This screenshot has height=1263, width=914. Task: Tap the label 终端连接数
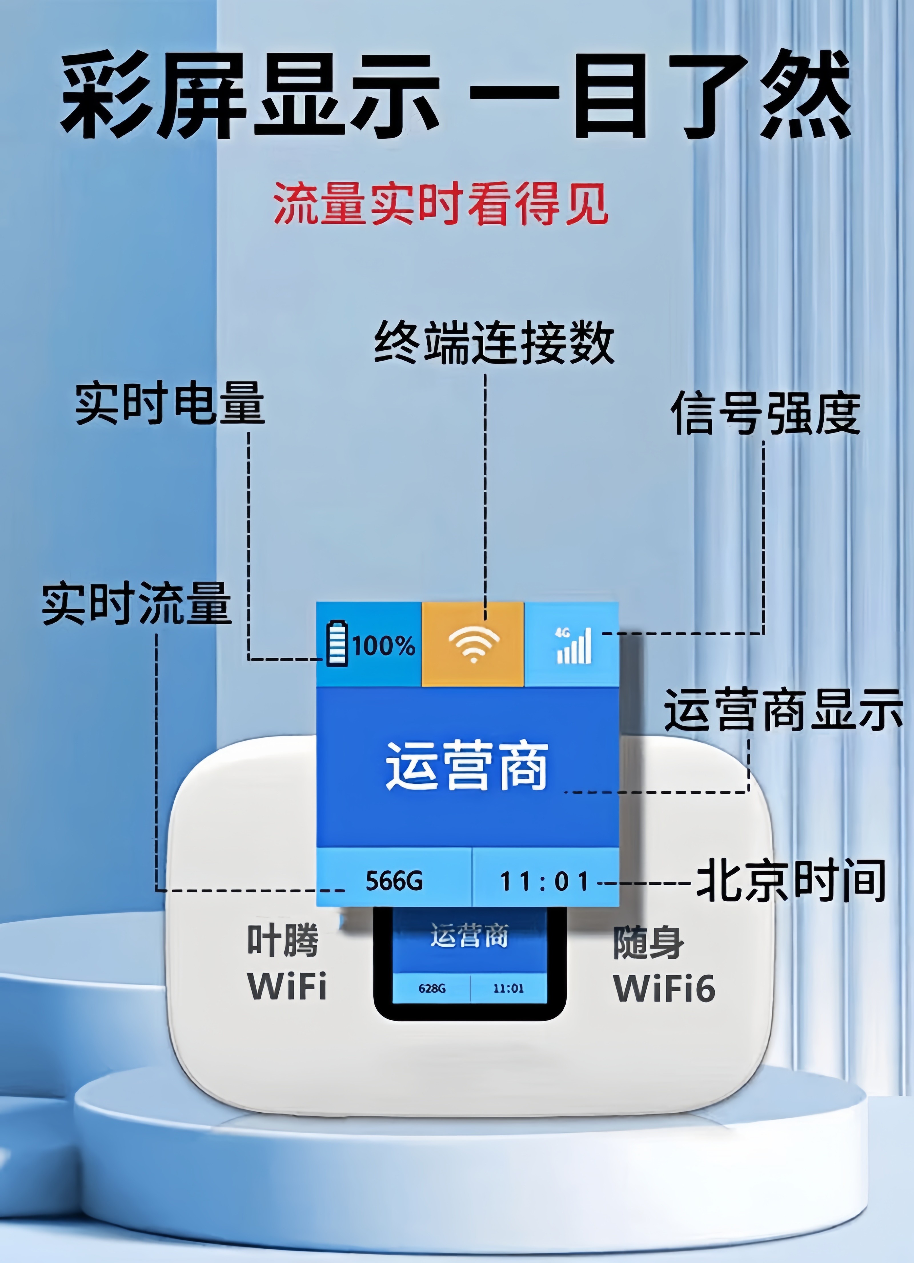(x=494, y=343)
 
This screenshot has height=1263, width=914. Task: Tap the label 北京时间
(x=791, y=880)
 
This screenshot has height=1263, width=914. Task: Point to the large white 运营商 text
(x=467, y=766)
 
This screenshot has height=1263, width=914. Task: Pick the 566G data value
(x=394, y=880)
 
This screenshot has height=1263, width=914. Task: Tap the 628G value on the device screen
(x=432, y=988)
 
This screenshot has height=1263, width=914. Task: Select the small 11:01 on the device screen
(x=508, y=988)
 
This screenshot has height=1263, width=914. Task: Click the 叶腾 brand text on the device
(x=283, y=940)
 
